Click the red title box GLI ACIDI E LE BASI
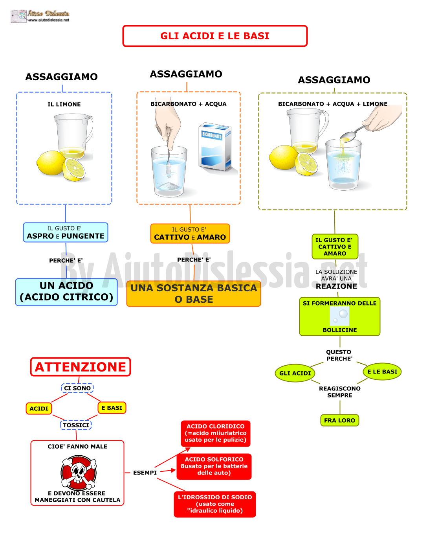tap(214, 36)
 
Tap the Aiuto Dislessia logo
tap(40, 16)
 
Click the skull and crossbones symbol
tap(79, 472)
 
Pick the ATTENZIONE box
tap(81, 366)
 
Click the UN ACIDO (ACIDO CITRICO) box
tap(66, 292)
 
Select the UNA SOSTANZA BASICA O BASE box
tap(194, 293)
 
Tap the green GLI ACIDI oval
tap(295, 373)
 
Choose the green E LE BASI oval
tap(382, 372)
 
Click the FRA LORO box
tap(339, 420)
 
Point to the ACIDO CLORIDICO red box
tap(215, 433)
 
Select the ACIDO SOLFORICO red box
tap(214, 466)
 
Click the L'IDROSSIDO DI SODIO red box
tap(214, 504)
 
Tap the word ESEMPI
tap(145, 473)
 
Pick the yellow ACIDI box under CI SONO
tap(39, 408)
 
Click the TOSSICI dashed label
tap(76, 425)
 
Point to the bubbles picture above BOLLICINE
tap(339, 316)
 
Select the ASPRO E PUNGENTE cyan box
tap(66, 232)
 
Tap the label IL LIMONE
tap(64, 104)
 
